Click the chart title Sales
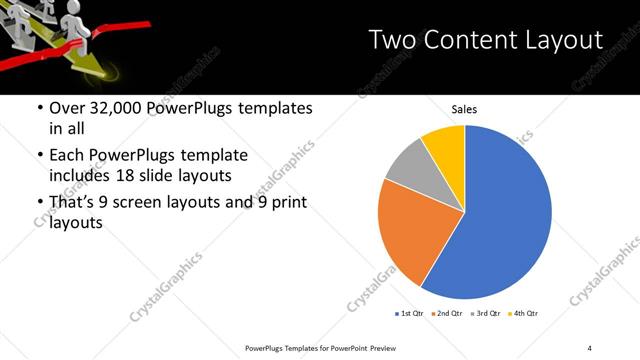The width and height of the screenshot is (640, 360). (464, 108)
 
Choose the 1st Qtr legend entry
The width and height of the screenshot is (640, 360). (411, 314)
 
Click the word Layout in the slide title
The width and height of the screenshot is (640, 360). (560, 40)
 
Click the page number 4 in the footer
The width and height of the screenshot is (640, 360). (590, 347)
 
